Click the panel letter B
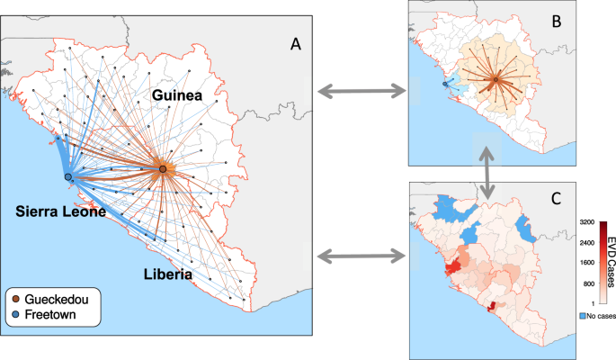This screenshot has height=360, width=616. click(558, 24)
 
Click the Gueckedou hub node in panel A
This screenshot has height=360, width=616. click(163, 169)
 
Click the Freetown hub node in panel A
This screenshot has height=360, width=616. click(68, 178)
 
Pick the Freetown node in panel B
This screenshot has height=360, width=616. click(444, 85)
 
